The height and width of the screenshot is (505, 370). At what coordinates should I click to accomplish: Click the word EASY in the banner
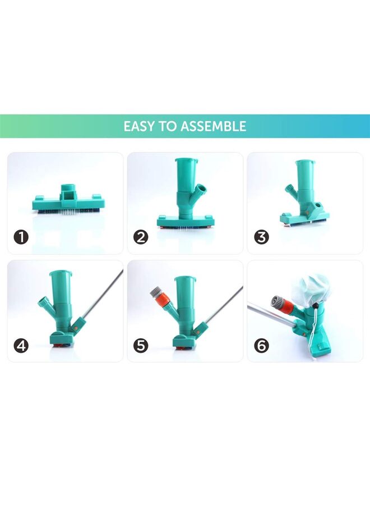pyautogui.click(x=141, y=126)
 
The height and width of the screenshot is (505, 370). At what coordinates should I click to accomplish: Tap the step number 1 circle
pyautogui.click(x=21, y=237)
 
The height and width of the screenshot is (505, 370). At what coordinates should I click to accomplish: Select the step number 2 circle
pyautogui.click(x=141, y=237)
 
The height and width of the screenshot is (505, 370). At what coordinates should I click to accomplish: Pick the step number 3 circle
pyautogui.click(x=261, y=237)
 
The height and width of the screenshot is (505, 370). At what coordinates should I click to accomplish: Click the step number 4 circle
pyautogui.click(x=21, y=346)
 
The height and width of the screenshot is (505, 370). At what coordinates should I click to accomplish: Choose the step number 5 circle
pyautogui.click(x=141, y=346)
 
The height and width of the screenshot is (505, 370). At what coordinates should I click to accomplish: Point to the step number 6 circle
pyautogui.click(x=261, y=346)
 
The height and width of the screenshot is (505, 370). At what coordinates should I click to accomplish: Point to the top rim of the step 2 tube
pyautogui.click(x=187, y=161)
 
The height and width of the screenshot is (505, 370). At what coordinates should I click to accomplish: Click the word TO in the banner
pyautogui.click(x=168, y=126)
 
